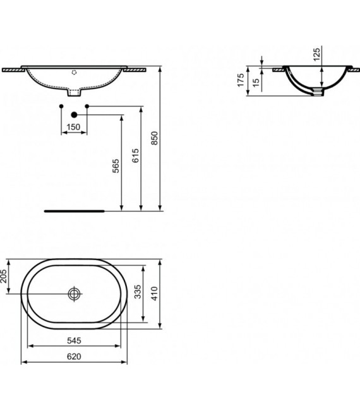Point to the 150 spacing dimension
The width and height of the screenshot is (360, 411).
[74, 128]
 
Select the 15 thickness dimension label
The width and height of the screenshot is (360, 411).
[255, 82]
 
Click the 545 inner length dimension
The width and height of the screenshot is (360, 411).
[75, 340]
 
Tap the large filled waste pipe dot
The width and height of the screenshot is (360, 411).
[74, 115]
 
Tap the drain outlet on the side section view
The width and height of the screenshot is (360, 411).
[318, 93]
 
